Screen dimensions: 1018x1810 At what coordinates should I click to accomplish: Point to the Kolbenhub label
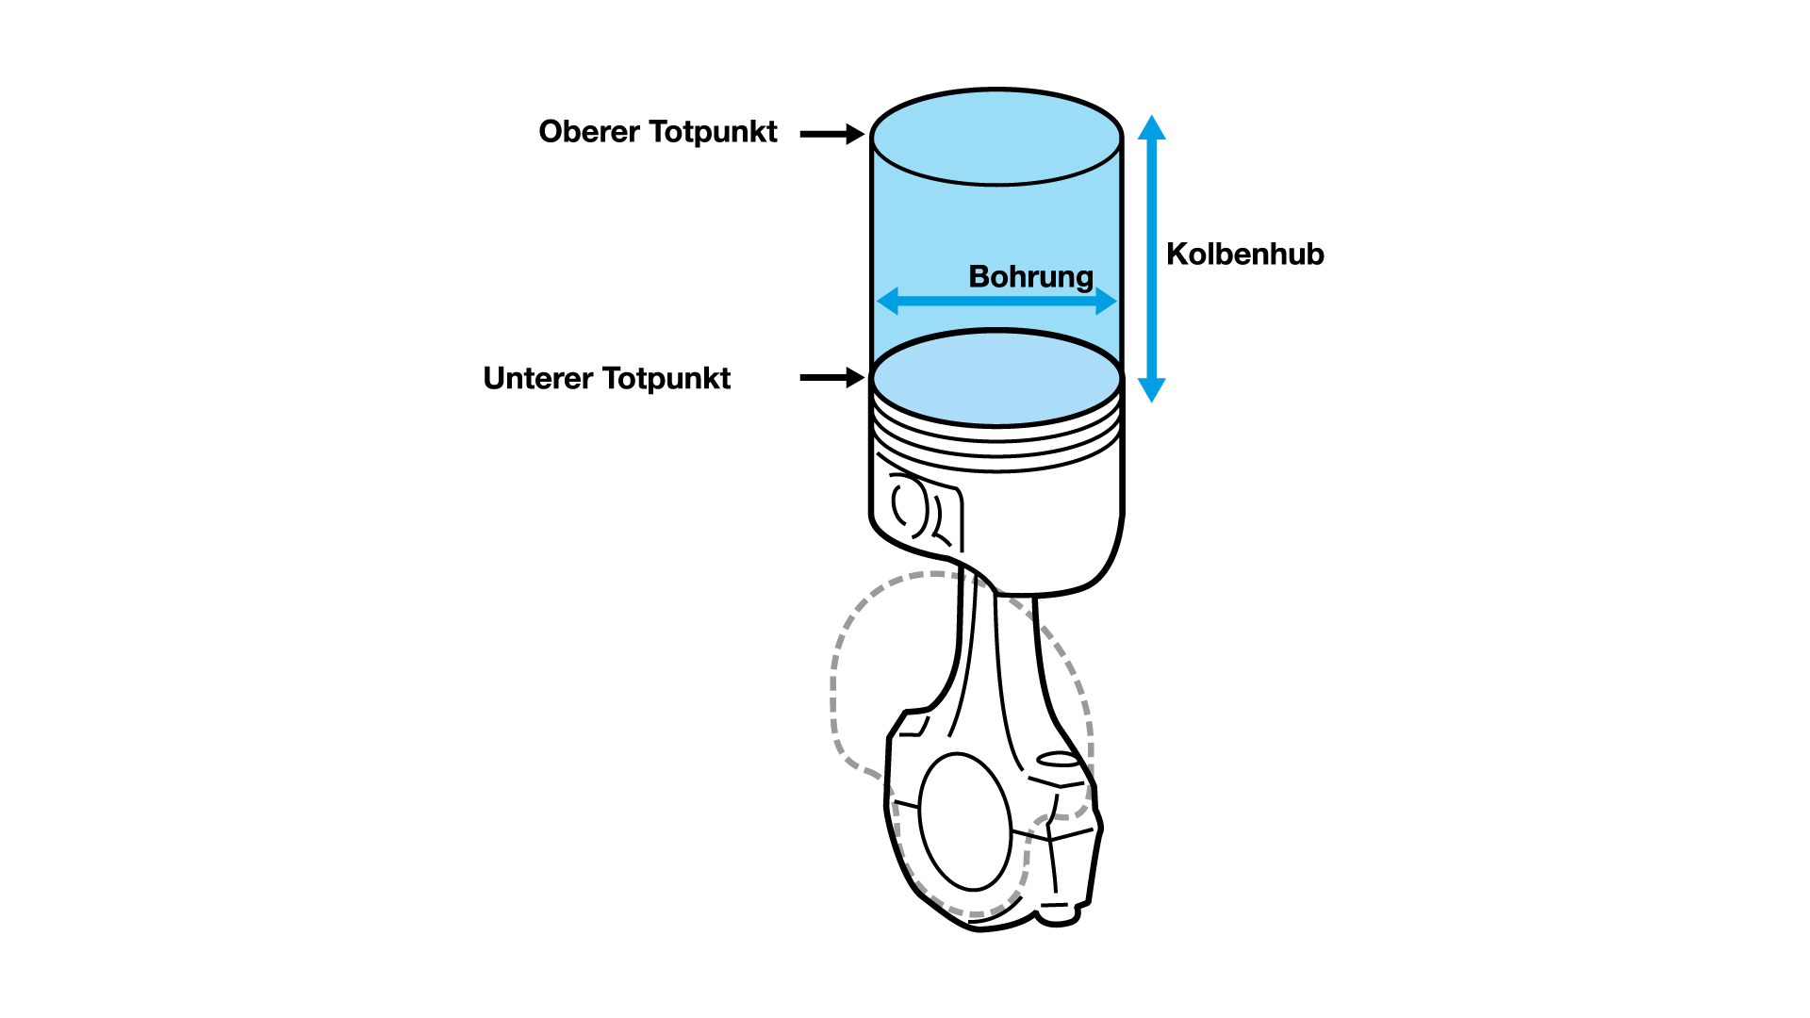[1244, 254]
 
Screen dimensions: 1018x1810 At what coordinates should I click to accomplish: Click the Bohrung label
[1030, 277]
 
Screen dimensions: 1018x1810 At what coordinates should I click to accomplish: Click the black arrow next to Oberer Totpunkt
[831, 135]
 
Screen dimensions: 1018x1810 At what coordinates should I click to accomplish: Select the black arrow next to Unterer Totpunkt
[831, 378]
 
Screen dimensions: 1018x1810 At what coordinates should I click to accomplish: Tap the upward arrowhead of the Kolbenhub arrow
[1151, 128]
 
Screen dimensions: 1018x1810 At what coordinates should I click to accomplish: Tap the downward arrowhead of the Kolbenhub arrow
[1151, 389]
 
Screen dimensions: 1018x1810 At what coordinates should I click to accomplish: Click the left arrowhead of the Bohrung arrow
[888, 302]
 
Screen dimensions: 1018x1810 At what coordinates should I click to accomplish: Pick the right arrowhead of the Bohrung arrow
[1106, 302]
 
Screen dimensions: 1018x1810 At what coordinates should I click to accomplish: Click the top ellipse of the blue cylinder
[996, 138]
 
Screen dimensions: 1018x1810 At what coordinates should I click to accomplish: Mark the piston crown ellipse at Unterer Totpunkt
[996, 377]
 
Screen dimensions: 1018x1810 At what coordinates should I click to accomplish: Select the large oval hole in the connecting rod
[964, 821]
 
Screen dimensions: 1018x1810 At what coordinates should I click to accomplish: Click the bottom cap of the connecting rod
[980, 910]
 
